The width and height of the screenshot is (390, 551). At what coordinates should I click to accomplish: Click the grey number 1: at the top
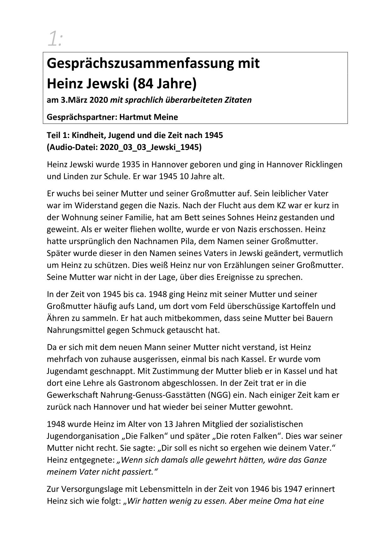55,39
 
